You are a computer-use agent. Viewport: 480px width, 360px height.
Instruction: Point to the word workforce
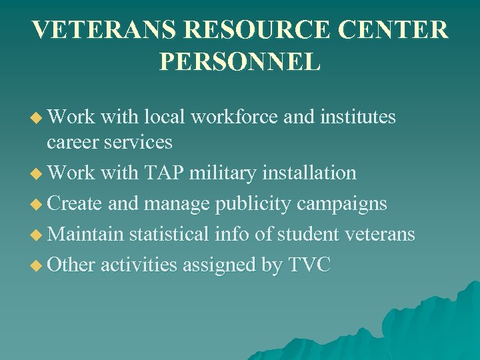click(x=234, y=117)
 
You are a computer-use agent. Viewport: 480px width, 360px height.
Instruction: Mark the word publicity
click(x=253, y=204)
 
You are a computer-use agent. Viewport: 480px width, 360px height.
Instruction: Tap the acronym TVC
click(x=309, y=265)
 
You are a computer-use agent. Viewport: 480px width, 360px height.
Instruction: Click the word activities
click(x=139, y=265)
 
